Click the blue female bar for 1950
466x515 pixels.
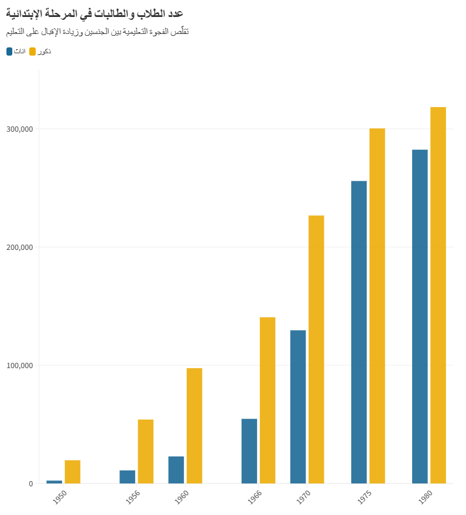(54, 482)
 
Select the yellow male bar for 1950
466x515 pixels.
(73, 472)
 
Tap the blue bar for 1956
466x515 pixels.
(128, 476)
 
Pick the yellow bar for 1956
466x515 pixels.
(146, 451)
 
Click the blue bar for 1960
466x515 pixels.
(176, 469)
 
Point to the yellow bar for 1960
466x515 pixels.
(194, 425)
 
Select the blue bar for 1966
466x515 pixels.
(249, 451)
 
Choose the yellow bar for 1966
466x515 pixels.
(268, 400)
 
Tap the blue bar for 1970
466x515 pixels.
(298, 407)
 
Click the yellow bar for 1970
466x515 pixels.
(316, 349)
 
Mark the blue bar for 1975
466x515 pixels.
(359, 332)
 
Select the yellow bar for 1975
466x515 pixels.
(377, 305)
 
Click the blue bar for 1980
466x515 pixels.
(420, 316)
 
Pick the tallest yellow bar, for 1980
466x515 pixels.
(438, 295)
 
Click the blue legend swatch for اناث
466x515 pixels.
(9, 51)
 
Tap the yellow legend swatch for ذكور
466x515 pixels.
(33, 51)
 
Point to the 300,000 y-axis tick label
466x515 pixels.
(20, 129)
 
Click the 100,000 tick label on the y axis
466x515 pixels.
(20, 365)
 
